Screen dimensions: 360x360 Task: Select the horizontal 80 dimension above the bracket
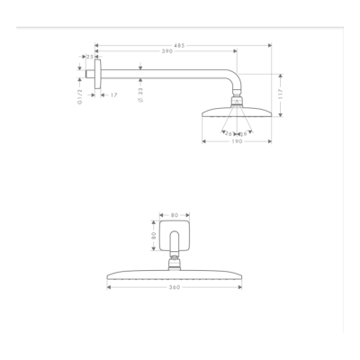click(x=175, y=215)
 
